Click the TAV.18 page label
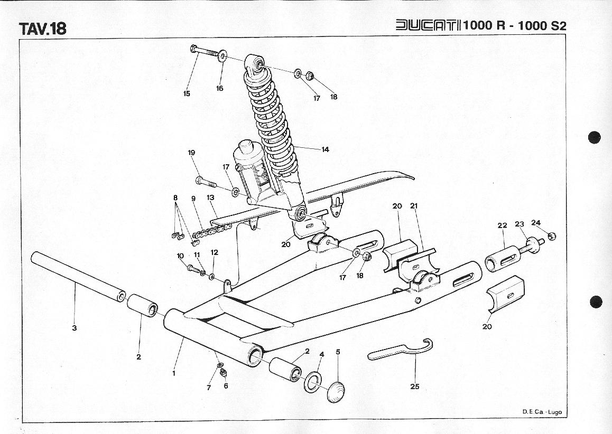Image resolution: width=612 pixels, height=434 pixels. click(x=43, y=29)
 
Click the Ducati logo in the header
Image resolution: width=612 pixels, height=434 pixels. click(x=428, y=26)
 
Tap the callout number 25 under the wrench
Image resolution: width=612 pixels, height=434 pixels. click(x=415, y=386)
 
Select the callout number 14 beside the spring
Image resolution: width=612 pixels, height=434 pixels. click(x=325, y=149)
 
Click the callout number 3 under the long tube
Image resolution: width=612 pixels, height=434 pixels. click(x=75, y=328)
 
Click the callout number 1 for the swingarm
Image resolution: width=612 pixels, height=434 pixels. click(x=174, y=373)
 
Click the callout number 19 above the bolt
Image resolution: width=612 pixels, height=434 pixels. click(x=191, y=153)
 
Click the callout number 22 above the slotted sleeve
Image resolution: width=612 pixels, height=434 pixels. click(x=502, y=225)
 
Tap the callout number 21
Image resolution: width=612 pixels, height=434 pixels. click(x=414, y=206)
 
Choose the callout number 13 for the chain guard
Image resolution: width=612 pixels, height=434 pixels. click(x=210, y=197)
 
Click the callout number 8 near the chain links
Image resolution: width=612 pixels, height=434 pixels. click(x=176, y=197)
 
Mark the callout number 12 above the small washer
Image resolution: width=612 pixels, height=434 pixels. click(x=214, y=252)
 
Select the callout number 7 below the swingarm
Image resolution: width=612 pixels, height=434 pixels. click(x=209, y=388)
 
